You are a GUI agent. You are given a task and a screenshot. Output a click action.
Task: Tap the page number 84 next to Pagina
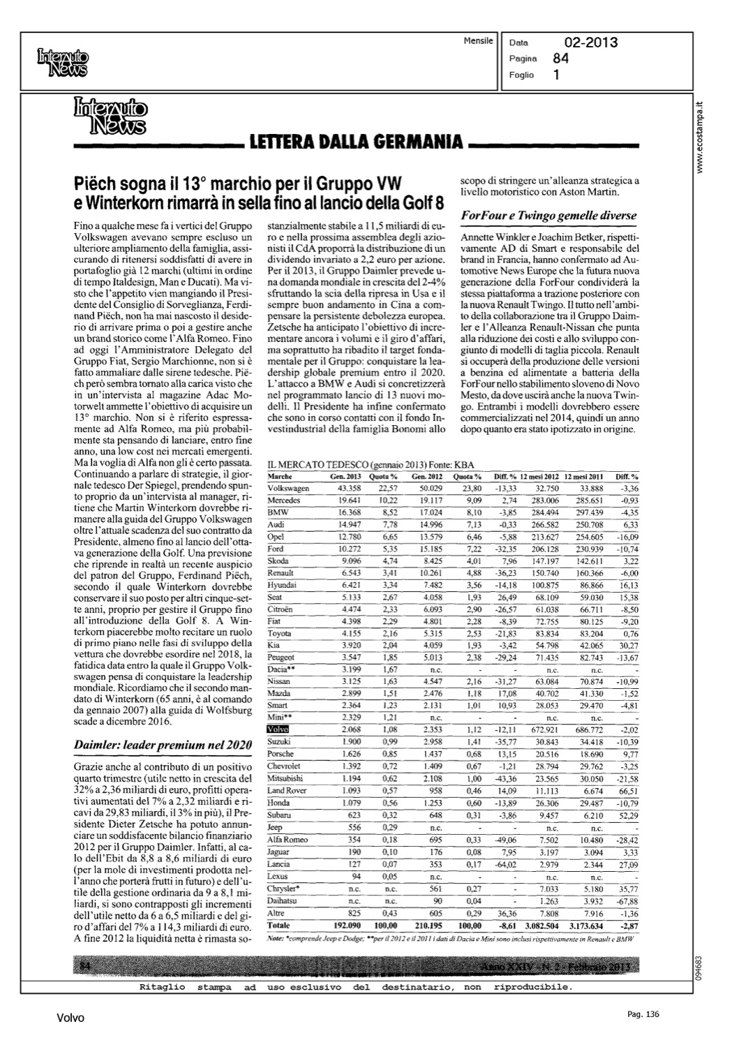[560, 59]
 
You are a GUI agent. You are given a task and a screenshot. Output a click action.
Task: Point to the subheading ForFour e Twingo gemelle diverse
[547, 215]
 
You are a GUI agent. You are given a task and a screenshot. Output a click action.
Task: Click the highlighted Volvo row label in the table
[278, 729]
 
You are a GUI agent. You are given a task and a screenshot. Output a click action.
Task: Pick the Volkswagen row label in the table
[288, 488]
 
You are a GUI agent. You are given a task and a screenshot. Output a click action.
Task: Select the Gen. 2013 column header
[345, 476]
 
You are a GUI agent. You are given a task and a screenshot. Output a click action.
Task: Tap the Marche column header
[280, 476]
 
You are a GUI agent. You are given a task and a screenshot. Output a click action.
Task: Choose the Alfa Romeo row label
[288, 839]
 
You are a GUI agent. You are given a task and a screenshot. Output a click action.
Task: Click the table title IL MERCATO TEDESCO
[318, 463]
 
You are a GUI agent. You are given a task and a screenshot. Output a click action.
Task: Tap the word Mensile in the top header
[478, 41]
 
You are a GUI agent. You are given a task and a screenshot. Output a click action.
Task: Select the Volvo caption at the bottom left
[70, 1018]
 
